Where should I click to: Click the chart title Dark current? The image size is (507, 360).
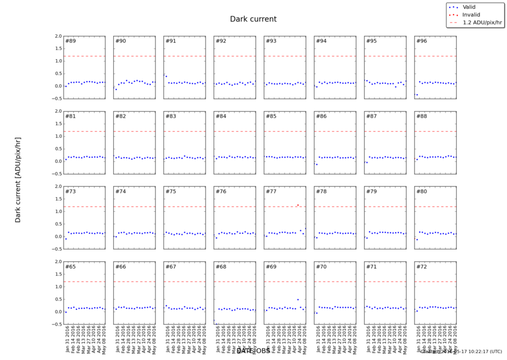coord(253,19)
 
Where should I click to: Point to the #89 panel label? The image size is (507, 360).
coord(71,41)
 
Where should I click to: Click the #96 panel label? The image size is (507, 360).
coord(421,41)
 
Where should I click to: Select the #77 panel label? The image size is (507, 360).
coord(271,192)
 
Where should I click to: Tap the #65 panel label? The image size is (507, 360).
coord(71,266)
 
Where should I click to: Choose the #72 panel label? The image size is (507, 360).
coord(421,266)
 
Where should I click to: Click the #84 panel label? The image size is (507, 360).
coord(221,117)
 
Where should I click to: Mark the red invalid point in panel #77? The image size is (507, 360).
coord(298,205)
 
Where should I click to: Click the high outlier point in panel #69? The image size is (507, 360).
coord(298,300)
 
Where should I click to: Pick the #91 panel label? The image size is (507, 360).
coord(171,41)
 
